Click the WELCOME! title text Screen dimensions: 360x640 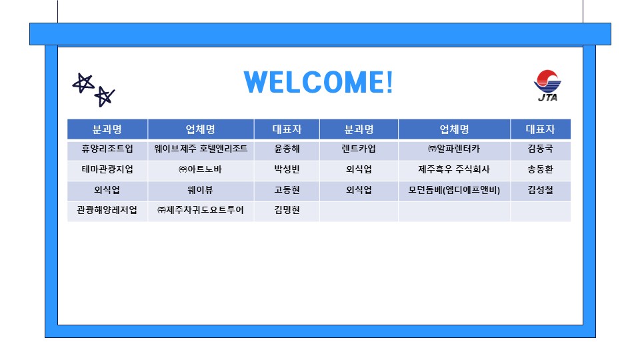click(319, 82)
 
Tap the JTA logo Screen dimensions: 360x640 click(547, 86)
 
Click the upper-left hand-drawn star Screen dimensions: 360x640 click(82, 83)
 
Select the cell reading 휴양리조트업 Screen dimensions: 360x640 click(107, 149)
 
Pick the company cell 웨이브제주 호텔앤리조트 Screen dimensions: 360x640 click(201, 149)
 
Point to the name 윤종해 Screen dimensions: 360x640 click(287, 149)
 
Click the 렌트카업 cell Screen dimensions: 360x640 click(359, 149)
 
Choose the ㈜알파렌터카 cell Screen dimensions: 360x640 click(454, 149)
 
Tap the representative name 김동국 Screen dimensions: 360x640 click(540, 149)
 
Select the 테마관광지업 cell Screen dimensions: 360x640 click(107, 169)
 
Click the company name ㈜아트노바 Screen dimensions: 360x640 click(201, 169)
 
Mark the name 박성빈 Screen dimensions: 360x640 click(287, 169)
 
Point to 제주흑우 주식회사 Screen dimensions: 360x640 click(454, 169)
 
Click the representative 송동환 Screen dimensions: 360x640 click(540, 169)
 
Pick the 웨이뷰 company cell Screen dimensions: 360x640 click(201, 190)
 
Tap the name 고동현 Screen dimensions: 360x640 click(287, 190)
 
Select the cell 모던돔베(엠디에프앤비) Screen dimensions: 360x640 click(454, 190)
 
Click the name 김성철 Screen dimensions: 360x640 click(540, 190)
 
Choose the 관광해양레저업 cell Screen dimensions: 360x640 click(107, 211)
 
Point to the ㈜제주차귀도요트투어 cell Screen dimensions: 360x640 click(201, 211)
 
